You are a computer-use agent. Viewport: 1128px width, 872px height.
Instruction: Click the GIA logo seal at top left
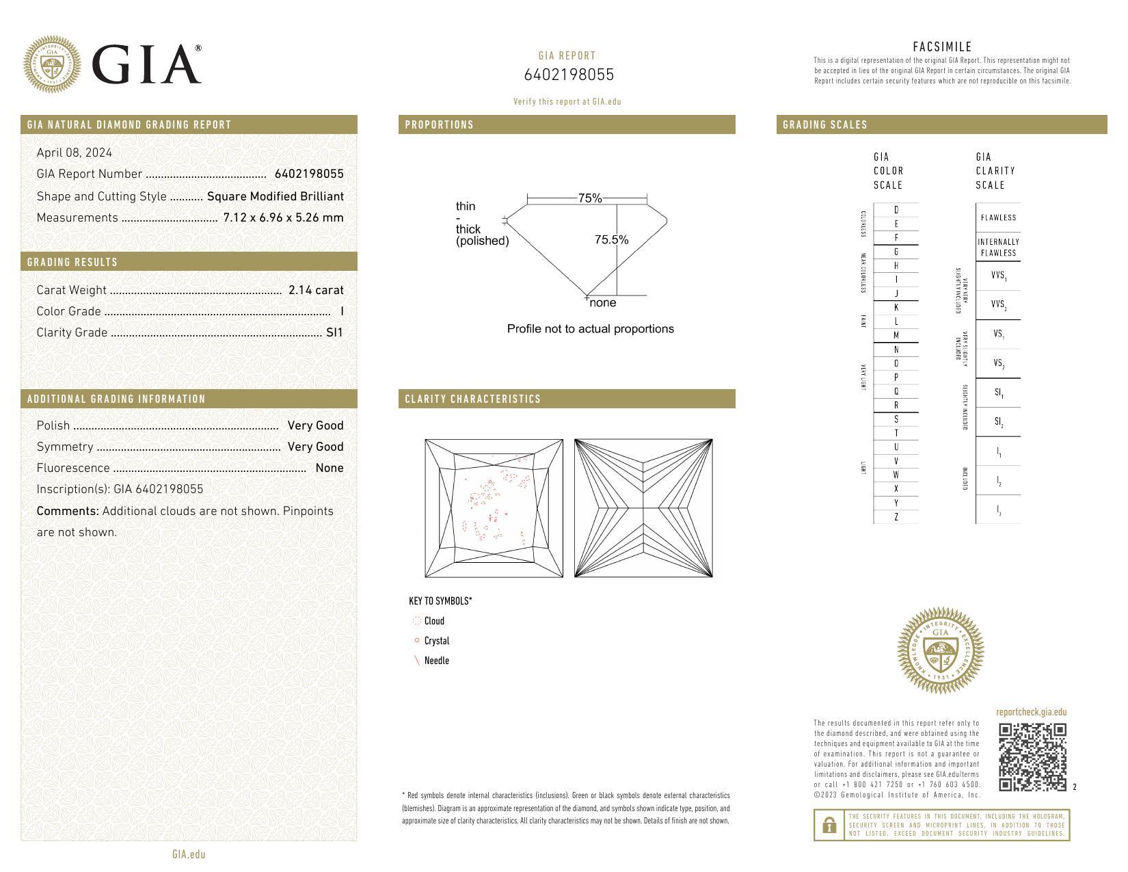coord(52,65)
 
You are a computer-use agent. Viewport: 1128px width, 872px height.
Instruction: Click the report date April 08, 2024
coord(75,153)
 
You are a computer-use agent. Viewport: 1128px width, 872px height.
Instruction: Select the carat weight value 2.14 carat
coord(316,290)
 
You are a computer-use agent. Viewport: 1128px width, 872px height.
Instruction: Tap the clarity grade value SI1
coord(334,332)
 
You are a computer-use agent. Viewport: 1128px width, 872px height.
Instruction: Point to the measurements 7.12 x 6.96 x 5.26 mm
coord(283,217)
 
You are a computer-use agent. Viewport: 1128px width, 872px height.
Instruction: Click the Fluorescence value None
coord(330,468)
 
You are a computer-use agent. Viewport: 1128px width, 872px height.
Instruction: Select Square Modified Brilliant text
coord(275,196)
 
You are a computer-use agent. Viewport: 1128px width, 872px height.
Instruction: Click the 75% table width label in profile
coord(589,198)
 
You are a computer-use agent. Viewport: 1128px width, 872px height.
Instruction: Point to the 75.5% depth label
coord(611,239)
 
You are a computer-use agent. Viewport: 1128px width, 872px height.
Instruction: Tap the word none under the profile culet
coord(602,303)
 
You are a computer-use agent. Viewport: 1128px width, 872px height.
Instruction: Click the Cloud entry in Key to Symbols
coord(433,621)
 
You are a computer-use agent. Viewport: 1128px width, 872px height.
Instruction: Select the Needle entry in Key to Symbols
coord(436,661)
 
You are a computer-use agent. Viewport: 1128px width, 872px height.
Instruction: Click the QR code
coord(1032,756)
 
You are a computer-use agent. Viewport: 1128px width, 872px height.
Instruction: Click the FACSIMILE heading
coord(942,47)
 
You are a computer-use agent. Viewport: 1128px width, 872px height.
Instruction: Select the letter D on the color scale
coord(896,210)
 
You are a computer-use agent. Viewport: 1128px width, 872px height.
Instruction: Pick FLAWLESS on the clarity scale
coord(998,217)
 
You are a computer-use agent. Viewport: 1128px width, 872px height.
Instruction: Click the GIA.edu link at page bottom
coord(189,854)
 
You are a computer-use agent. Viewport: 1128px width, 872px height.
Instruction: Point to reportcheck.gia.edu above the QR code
coord(1031,712)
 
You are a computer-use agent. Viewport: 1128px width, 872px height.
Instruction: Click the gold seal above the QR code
coord(940,651)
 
